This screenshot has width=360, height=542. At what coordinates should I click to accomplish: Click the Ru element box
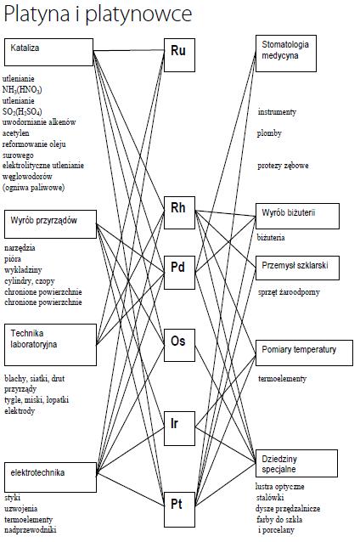(179, 55)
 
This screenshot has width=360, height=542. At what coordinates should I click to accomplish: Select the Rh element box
(179, 212)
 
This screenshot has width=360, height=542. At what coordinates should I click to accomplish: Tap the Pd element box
(179, 273)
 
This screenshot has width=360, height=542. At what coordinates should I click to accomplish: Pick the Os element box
(179, 345)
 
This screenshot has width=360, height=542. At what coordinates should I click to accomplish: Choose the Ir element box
(179, 428)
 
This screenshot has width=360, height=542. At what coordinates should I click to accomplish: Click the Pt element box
(179, 509)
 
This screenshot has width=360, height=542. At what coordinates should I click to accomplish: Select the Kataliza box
(48, 52)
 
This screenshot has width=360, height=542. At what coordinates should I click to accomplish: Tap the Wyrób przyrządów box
(50, 224)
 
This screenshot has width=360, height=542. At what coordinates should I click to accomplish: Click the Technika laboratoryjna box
(50, 345)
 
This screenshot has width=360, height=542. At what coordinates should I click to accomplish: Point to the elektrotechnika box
(50, 477)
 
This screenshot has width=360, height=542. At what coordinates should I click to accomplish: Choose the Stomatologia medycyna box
(286, 54)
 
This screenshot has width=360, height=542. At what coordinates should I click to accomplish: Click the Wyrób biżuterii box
(297, 216)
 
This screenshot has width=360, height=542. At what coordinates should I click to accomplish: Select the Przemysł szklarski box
(297, 268)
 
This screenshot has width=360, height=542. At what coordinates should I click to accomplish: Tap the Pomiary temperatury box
(304, 353)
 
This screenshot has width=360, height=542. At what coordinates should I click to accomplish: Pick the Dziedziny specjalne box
(296, 463)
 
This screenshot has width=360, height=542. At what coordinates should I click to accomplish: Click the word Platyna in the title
(37, 14)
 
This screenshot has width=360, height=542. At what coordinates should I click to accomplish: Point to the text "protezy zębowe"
(283, 166)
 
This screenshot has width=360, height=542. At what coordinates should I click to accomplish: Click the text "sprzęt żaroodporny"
(289, 292)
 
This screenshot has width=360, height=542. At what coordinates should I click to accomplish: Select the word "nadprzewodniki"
(31, 529)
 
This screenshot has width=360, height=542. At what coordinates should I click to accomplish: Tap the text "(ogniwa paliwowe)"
(33, 188)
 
